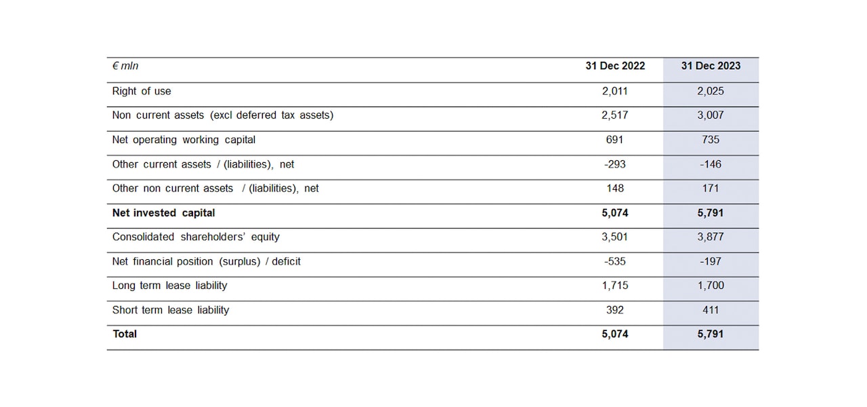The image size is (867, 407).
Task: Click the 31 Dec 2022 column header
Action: click(x=615, y=66)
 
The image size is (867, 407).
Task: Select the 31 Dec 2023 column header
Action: click(x=711, y=66)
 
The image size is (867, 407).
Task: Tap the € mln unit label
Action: click(x=125, y=66)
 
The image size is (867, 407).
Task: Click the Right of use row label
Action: click(x=142, y=91)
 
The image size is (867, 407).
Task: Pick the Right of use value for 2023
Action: click(x=711, y=91)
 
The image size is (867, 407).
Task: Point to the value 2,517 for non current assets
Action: click(x=615, y=115)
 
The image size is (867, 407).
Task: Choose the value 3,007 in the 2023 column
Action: click(x=711, y=115)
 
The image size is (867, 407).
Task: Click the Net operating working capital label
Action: click(x=184, y=140)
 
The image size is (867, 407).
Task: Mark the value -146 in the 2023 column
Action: click(x=711, y=164)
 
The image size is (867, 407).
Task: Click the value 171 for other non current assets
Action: click(x=711, y=189)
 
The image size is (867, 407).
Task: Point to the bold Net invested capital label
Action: click(x=163, y=213)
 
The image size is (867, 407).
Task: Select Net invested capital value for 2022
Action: click(x=615, y=213)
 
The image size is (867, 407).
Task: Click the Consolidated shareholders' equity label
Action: click(x=196, y=237)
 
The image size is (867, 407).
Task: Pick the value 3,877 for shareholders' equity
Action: click(x=711, y=237)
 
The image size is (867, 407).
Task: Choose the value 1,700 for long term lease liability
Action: click(x=711, y=286)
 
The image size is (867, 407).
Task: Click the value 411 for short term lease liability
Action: click(x=711, y=310)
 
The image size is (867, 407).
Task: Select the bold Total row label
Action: click(x=125, y=334)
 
